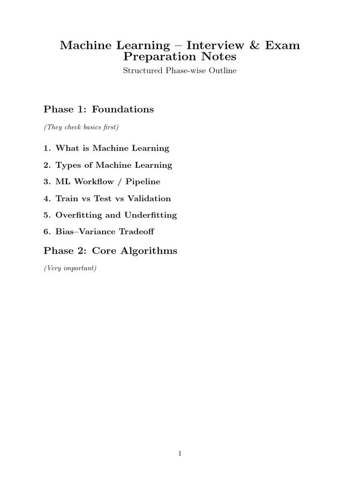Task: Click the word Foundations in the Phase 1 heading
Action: click(x=123, y=109)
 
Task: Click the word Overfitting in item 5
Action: click(x=78, y=215)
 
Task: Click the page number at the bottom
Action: click(x=180, y=453)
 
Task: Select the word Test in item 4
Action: click(x=103, y=198)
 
